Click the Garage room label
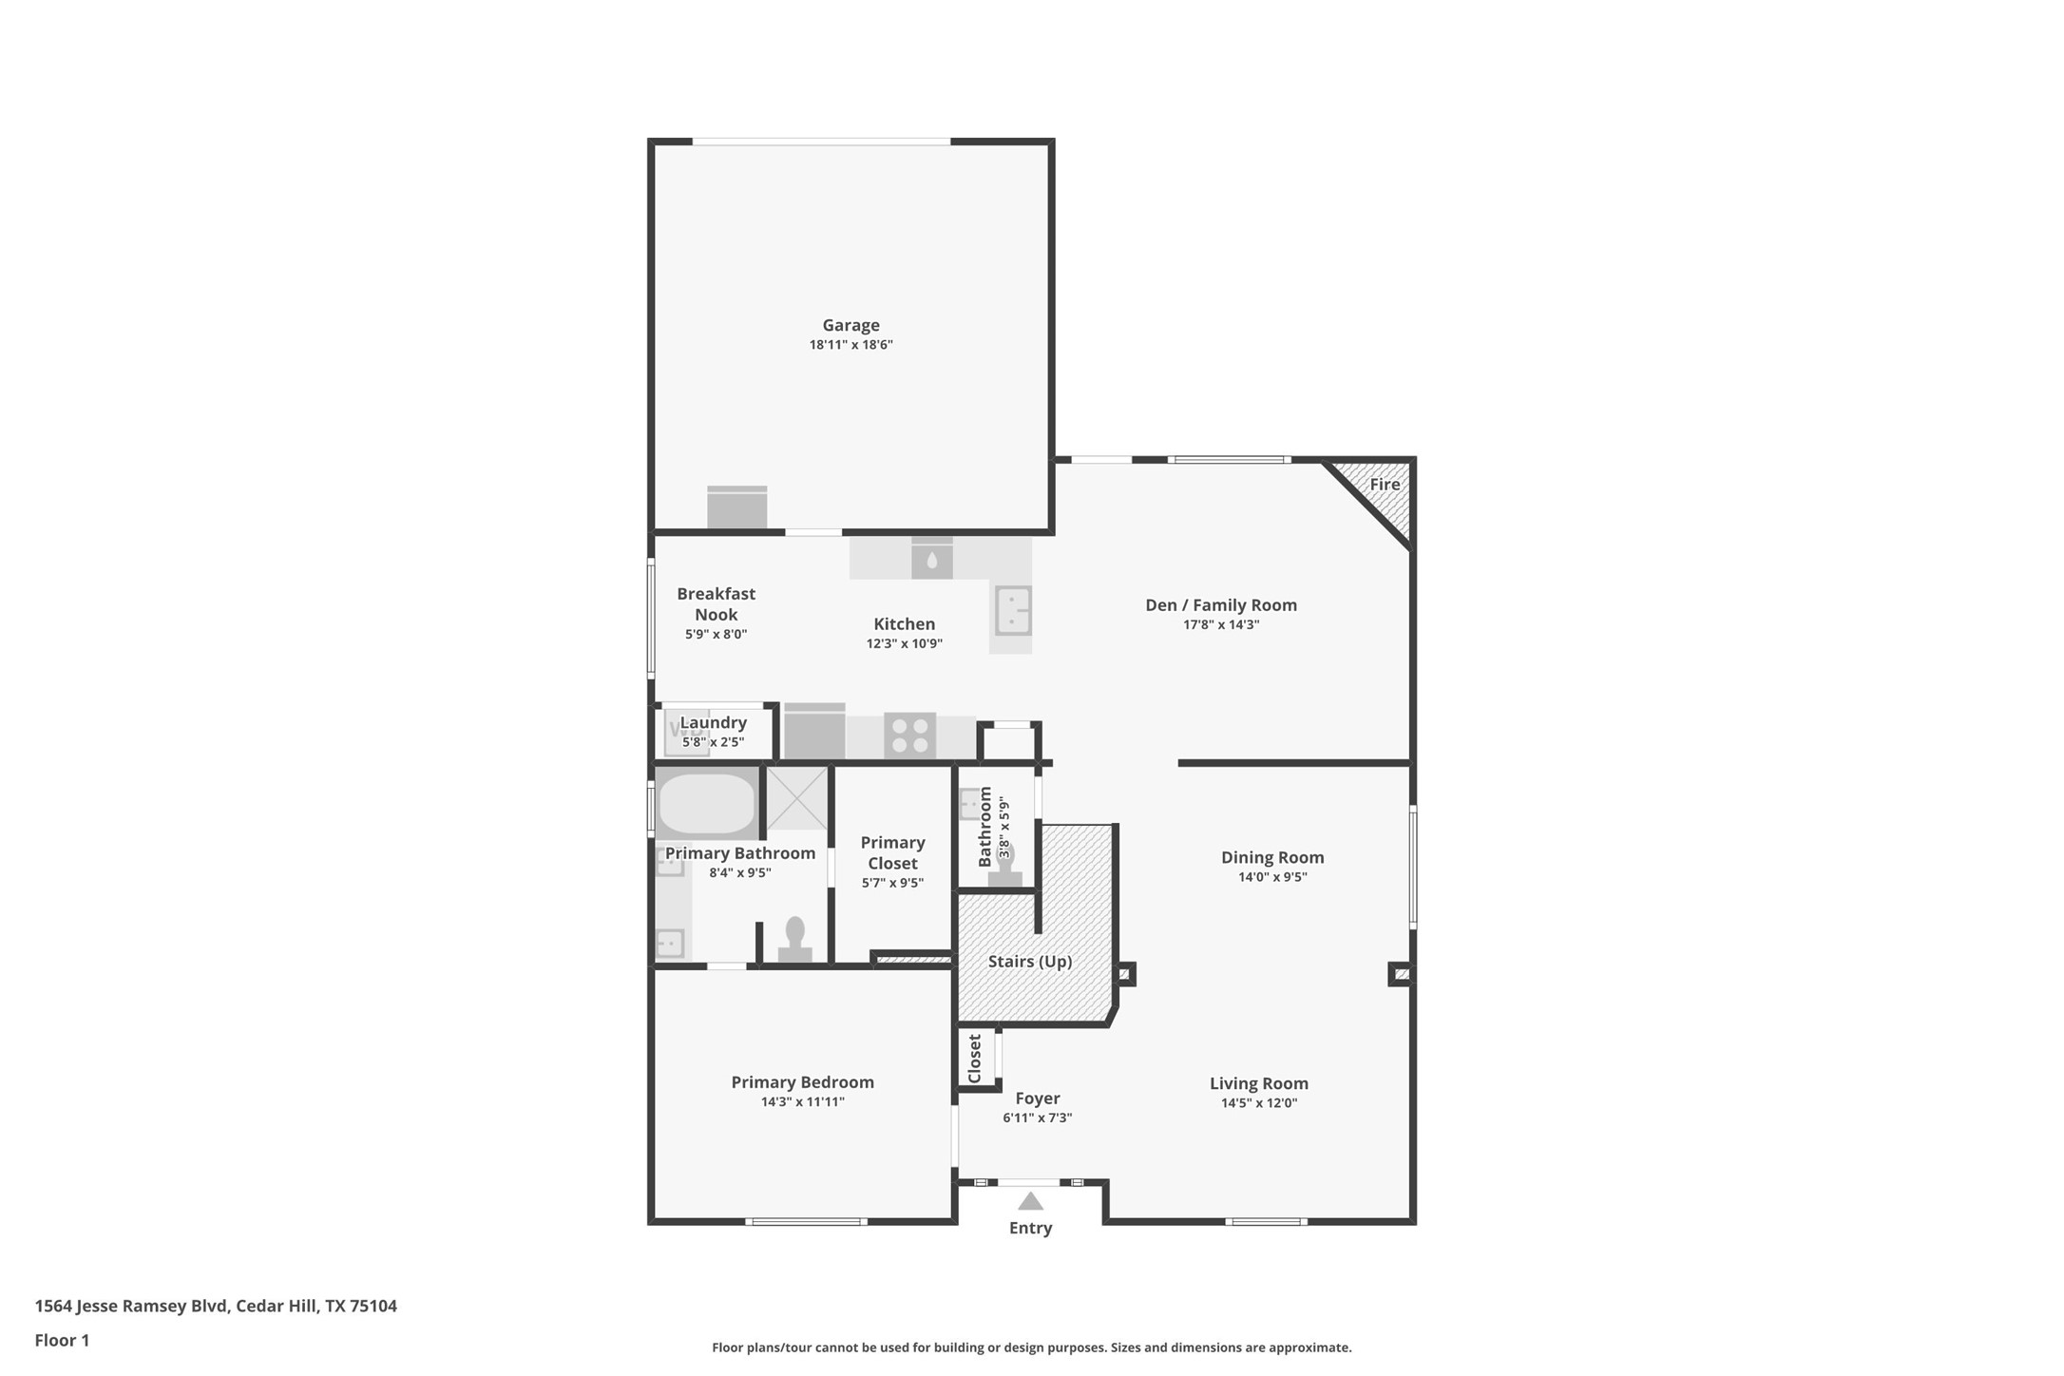click(x=850, y=326)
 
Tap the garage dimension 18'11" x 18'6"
click(x=850, y=345)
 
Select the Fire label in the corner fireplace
click(x=1385, y=485)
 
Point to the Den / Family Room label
click(x=1221, y=605)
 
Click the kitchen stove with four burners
click(x=909, y=736)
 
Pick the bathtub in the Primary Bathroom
click(x=706, y=804)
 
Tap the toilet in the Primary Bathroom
click(x=795, y=939)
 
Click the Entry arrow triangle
click(x=1030, y=1201)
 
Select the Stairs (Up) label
click(x=1030, y=962)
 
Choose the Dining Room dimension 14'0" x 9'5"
click(x=1272, y=877)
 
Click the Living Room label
click(x=1259, y=1083)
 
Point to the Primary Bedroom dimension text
click(x=802, y=1102)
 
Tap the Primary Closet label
click(x=892, y=852)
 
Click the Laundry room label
click(x=713, y=723)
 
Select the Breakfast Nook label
click(x=716, y=604)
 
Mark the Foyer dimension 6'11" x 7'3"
click(x=1037, y=1118)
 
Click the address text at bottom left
click(x=216, y=1306)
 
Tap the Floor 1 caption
click(x=62, y=1341)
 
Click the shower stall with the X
click(x=796, y=798)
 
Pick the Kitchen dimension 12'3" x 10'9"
click(x=904, y=643)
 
